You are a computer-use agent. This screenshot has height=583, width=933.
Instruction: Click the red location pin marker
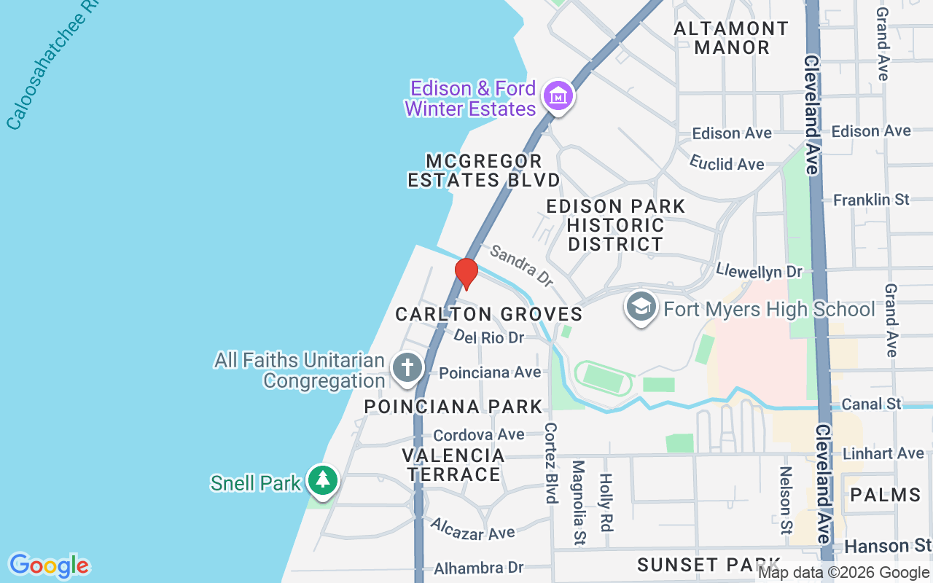pos(466,273)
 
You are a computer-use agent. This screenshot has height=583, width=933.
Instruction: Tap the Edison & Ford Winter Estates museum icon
pos(558,96)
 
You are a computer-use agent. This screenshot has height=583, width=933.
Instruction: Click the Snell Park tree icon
pos(322,480)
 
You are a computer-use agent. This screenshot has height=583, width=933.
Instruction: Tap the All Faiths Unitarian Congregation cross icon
pos(407,367)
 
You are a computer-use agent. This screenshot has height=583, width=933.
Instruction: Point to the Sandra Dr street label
pos(521,265)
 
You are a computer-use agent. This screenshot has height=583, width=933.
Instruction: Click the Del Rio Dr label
pos(488,337)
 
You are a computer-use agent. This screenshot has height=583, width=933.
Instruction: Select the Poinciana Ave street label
pos(490,372)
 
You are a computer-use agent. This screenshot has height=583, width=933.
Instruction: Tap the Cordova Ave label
pos(479,434)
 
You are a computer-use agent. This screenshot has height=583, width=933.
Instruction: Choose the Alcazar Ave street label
pos(472,530)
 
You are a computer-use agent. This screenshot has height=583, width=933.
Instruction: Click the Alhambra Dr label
pos(479,568)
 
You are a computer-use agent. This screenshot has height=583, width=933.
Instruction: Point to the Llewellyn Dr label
pos(759,271)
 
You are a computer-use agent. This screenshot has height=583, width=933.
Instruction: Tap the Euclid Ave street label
pos(727,163)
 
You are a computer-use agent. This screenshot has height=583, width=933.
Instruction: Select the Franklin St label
pos(872,199)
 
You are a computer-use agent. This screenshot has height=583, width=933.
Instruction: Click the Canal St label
pos(872,403)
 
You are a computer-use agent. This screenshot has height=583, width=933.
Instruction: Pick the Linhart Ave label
pos(883,453)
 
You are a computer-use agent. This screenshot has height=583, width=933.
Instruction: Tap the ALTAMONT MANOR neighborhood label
pos(731,38)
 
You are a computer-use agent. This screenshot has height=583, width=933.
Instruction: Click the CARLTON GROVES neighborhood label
pos(488,314)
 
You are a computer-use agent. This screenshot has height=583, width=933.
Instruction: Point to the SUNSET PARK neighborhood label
pos(708,564)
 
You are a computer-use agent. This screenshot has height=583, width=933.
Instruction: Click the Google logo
pos(49,565)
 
